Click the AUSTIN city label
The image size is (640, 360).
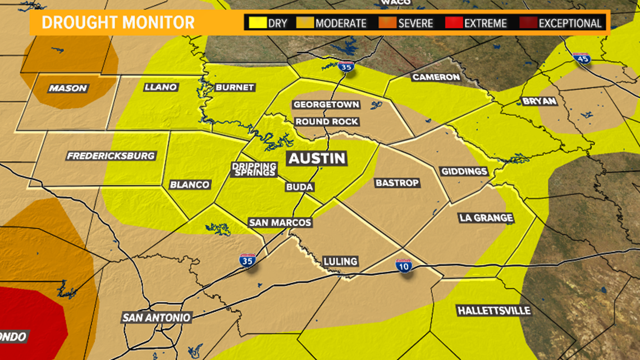(x=317, y=158)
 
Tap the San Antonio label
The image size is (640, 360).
(x=157, y=317)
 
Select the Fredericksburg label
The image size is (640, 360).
(x=111, y=156)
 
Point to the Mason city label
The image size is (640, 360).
(x=68, y=88)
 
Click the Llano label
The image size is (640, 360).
(x=161, y=87)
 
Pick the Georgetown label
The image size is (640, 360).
(x=326, y=104)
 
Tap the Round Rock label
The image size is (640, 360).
(x=327, y=122)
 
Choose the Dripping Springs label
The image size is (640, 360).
(x=254, y=169)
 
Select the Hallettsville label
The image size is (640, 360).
(x=493, y=311)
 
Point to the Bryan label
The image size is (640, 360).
(x=538, y=101)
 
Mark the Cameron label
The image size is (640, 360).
(x=436, y=77)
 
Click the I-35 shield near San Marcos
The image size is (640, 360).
(x=247, y=260)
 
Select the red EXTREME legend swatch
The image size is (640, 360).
(x=453, y=24)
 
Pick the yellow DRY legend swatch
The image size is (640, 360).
(x=258, y=24)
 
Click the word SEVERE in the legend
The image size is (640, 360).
(x=415, y=24)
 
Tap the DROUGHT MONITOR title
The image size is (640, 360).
(x=118, y=22)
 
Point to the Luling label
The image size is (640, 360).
(x=340, y=261)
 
